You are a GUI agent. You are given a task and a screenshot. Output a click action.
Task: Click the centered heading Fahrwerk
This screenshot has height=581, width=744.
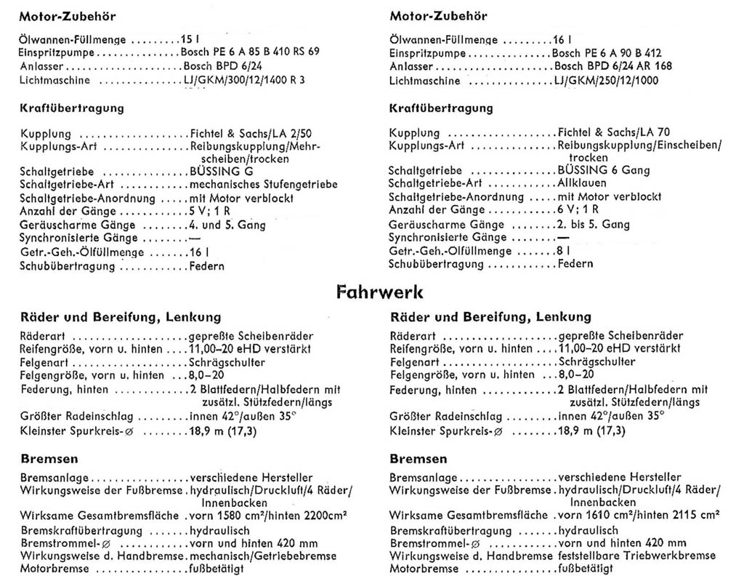tap(380, 292)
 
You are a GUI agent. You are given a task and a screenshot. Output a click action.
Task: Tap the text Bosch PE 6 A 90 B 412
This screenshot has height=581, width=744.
tap(606, 53)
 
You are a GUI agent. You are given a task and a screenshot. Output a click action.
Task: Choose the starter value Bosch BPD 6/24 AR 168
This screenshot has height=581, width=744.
tap(612, 66)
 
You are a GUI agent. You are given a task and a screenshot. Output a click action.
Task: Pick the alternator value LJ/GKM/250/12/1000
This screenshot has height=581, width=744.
tap(606, 80)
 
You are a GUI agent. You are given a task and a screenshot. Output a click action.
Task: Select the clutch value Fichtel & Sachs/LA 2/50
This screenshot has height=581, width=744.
tap(242, 133)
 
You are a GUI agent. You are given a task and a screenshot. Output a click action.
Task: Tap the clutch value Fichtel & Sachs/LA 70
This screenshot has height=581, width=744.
tap(613, 132)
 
